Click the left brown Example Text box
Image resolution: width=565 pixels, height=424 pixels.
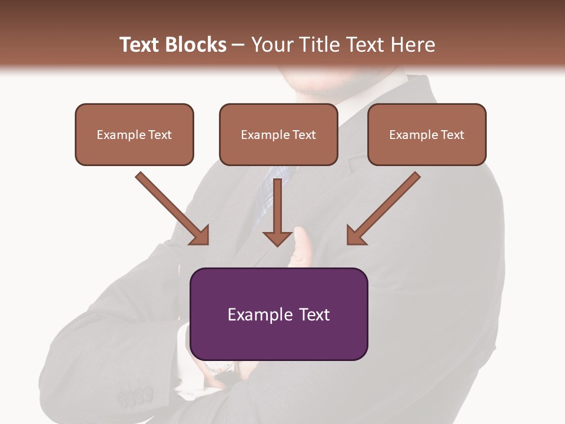(x=134, y=134)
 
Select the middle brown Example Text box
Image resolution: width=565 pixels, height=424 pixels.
(x=278, y=134)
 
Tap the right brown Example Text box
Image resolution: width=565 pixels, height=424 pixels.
(x=427, y=134)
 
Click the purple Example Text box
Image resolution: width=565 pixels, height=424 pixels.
(x=278, y=314)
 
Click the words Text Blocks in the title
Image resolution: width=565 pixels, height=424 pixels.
(x=173, y=45)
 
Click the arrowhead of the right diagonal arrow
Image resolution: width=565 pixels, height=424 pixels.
(x=355, y=236)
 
